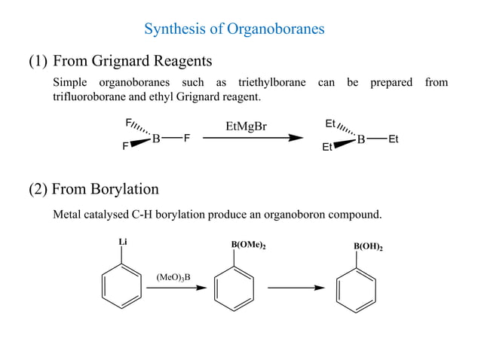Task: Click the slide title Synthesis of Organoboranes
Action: (x=234, y=29)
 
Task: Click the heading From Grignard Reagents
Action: (x=132, y=60)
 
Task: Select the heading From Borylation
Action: (x=105, y=188)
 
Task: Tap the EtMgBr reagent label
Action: (x=246, y=126)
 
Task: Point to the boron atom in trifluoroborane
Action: (x=156, y=139)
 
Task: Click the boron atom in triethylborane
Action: (x=361, y=139)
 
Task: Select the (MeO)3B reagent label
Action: (x=173, y=277)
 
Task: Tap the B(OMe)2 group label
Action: (x=248, y=246)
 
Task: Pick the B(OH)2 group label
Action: (x=367, y=246)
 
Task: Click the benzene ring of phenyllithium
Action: (x=121, y=287)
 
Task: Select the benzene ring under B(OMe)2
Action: (x=234, y=288)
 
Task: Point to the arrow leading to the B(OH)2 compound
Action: (x=295, y=288)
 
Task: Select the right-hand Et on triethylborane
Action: (x=394, y=139)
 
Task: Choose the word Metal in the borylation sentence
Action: (x=68, y=215)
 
